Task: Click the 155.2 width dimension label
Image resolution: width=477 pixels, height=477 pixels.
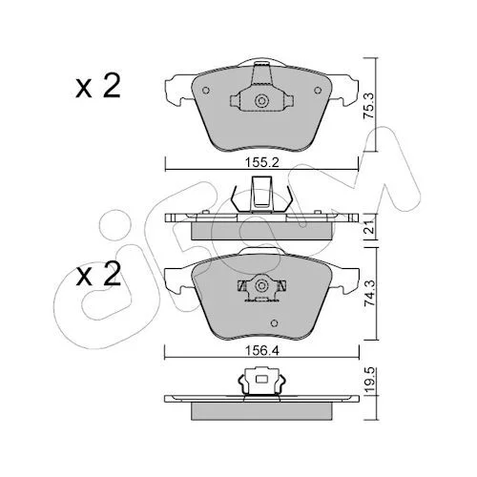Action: pyautogui.click(x=261, y=162)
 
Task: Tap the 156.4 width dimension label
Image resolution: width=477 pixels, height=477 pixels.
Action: pyautogui.click(x=261, y=351)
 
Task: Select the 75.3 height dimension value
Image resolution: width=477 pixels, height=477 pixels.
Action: pyautogui.click(x=369, y=106)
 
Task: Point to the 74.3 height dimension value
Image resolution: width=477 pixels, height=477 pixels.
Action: pyautogui.click(x=369, y=294)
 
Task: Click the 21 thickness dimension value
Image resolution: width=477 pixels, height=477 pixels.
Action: pyautogui.click(x=369, y=229)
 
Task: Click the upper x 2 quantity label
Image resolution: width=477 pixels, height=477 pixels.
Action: pyautogui.click(x=98, y=86)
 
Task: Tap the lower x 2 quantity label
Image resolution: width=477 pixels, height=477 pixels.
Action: pyautogui.click(x=98, y=274)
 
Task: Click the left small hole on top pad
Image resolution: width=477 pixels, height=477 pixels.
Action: pyautogui.click(x=206, y=91)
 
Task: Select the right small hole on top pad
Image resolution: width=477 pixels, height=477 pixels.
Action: pyautogui.click(x=318, y=91)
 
